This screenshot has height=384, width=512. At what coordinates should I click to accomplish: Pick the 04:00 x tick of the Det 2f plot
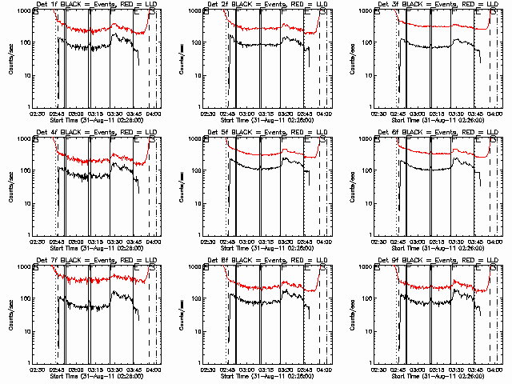324,113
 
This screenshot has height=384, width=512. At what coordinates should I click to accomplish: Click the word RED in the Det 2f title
294,5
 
